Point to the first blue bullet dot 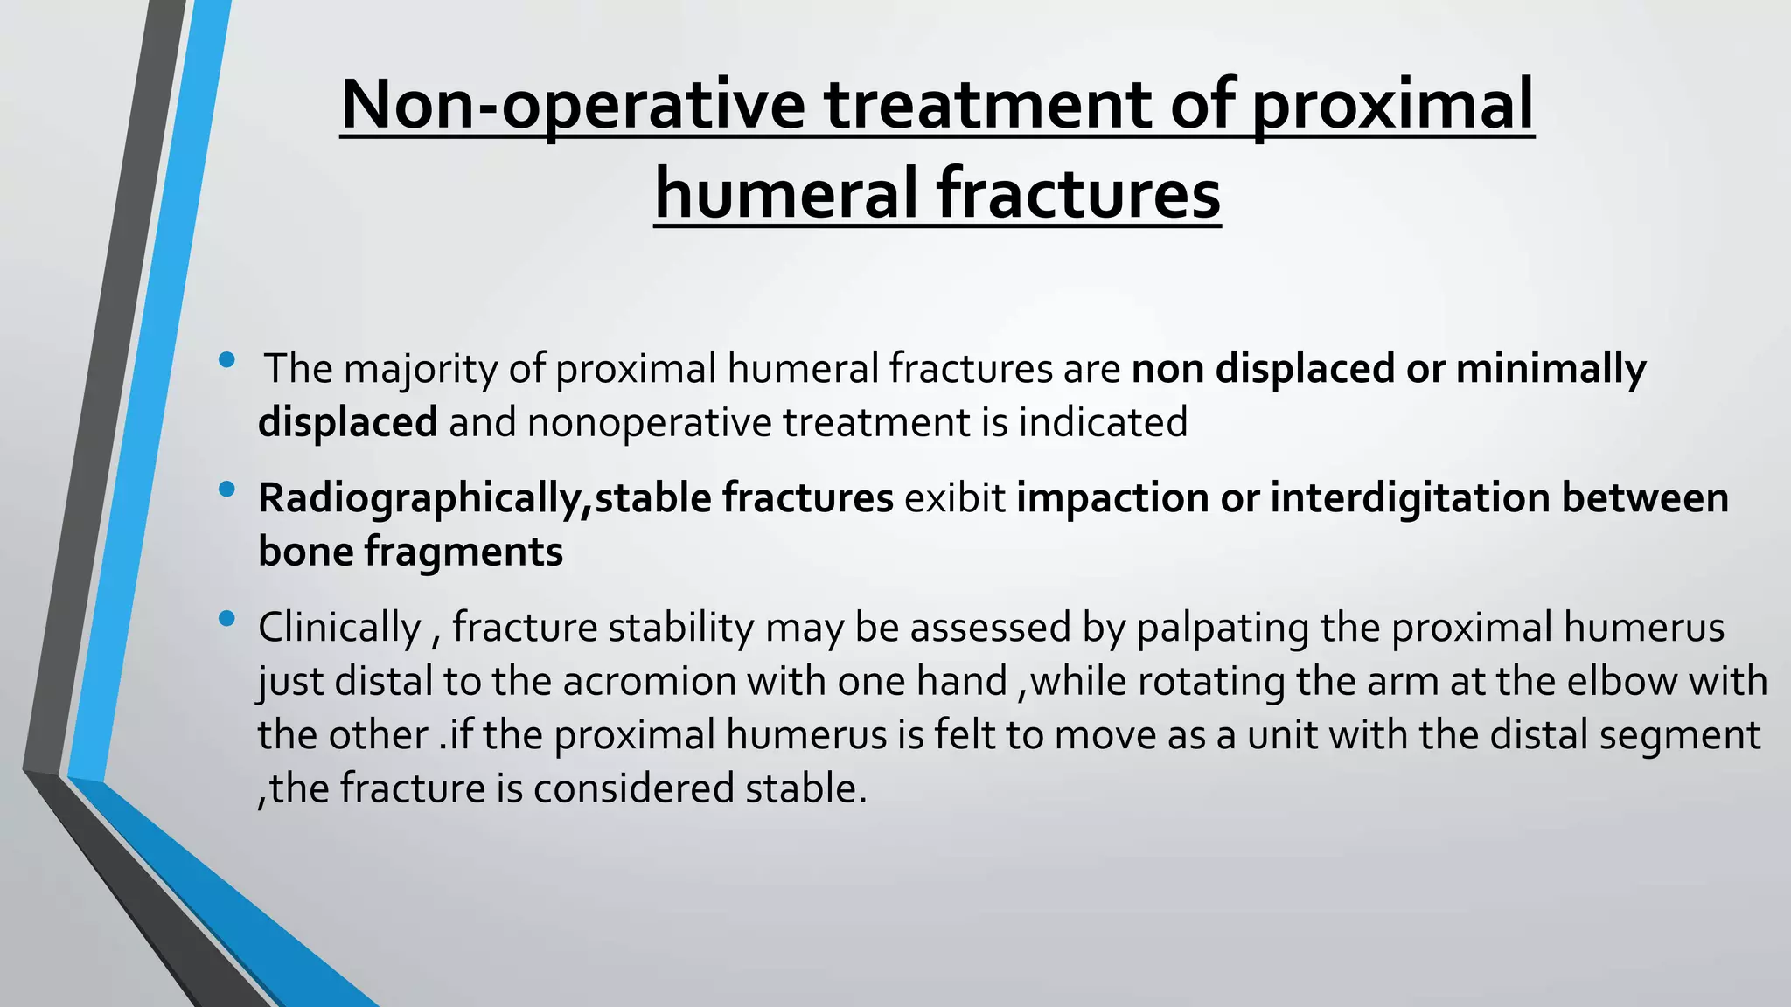pyautogui.click(x=227, y=359)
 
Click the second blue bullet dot pyautogui.click(x=227, y=490)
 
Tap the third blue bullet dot pyautogui.click(x=227, y=619)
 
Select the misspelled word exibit pyautogui.click(x=955, y=498)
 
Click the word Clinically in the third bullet pyautogui.click(x=339, y=629)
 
